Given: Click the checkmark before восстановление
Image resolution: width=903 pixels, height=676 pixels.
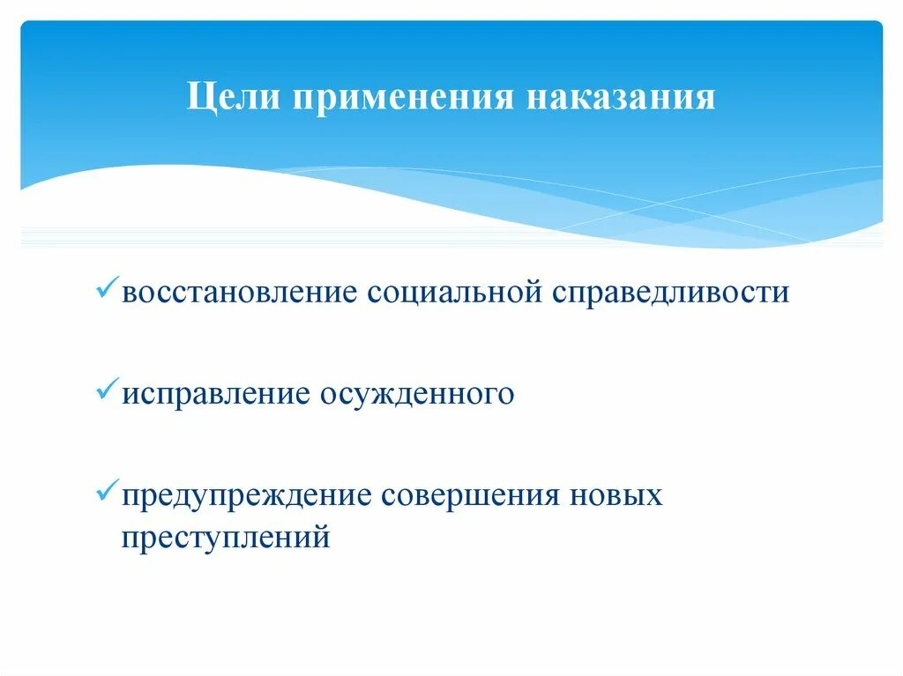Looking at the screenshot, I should click(x=108, y=289).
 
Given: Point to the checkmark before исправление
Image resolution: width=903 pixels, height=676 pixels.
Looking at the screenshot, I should click(x=108, y=390).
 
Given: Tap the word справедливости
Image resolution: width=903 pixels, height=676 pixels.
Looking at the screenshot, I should click(x=671, y=293).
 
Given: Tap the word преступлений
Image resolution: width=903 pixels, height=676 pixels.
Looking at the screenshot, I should click(x=226, y=536).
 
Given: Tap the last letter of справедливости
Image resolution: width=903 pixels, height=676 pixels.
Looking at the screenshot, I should click(x=781, y=293).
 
